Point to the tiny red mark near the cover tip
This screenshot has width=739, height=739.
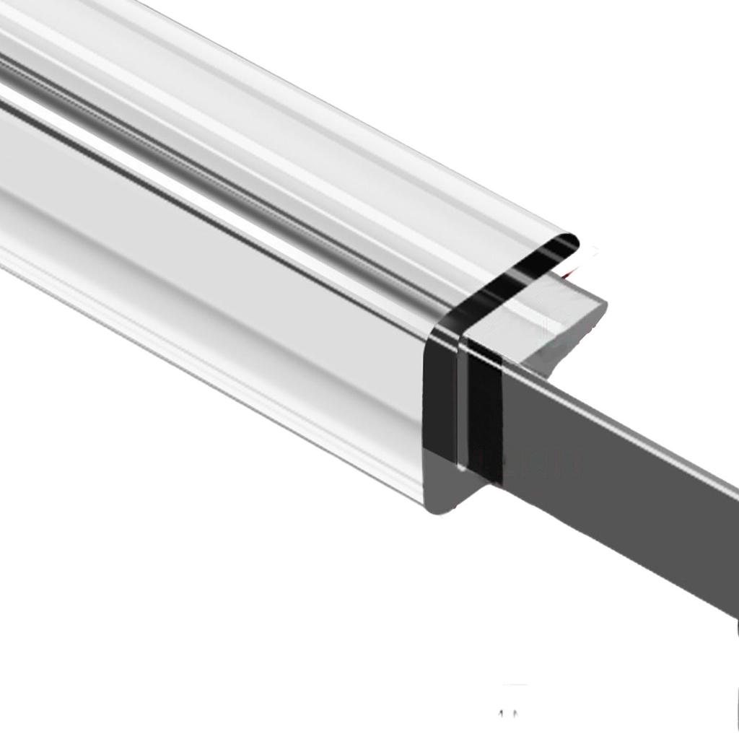570,273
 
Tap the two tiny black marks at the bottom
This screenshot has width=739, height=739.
509,714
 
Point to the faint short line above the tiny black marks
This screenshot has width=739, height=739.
515,685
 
